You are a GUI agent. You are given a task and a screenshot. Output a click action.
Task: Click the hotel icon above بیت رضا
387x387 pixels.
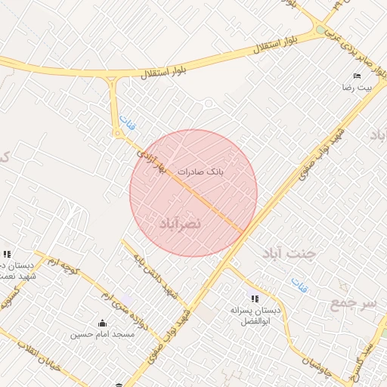tap(357, 76)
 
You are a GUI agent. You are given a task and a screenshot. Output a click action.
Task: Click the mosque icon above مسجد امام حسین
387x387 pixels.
tap(103, 323)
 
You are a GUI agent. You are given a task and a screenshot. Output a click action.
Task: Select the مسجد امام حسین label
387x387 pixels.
tap(103, 334)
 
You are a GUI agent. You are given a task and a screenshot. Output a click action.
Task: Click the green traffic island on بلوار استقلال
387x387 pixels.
tap(323, 32)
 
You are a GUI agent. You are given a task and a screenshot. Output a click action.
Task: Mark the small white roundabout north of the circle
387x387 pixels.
tap(209, 104)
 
